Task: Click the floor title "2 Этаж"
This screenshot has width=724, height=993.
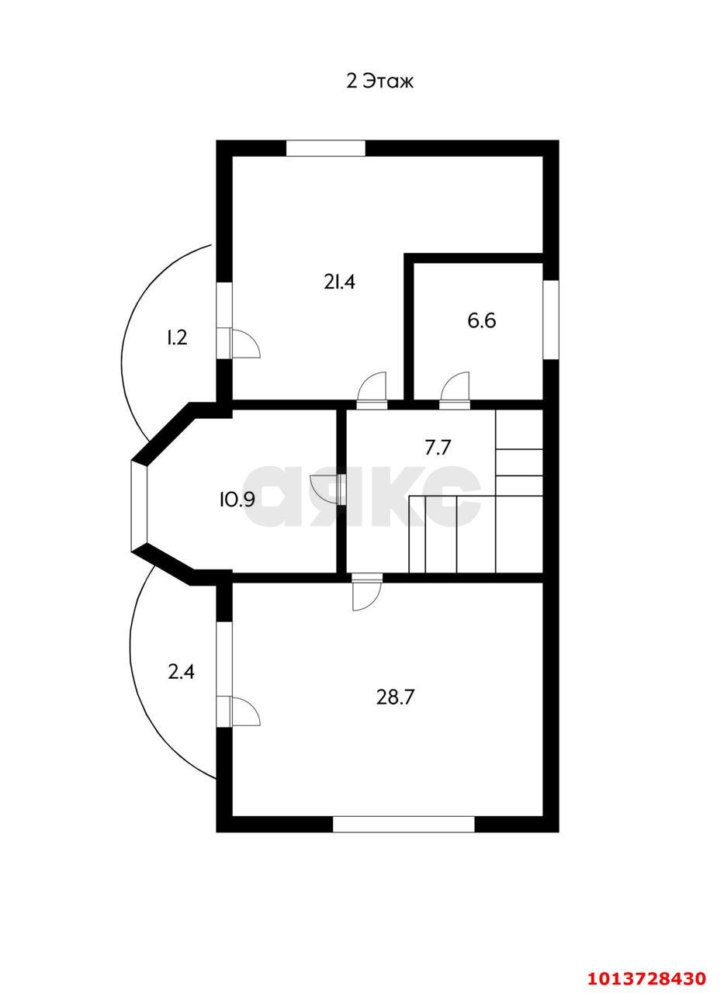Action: (379, 81)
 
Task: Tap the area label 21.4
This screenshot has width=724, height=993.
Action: (339, 282)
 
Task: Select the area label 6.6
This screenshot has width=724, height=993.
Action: (481, 320)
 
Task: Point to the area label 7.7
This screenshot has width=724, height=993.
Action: (438, 448)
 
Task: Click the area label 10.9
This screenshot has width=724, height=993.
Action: (237, 500)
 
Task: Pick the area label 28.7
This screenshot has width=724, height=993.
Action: (395, 697)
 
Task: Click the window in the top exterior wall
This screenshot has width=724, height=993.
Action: (326, 148)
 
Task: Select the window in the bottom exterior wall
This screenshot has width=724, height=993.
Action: (404, 825)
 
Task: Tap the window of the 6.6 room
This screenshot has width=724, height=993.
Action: (551, 320)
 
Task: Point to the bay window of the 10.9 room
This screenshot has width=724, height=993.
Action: (139, 506)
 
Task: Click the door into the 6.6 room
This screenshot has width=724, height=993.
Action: (455, 390)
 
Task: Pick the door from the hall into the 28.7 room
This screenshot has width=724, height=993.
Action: (366, 592)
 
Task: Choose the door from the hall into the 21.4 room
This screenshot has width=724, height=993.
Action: (372, 390)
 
